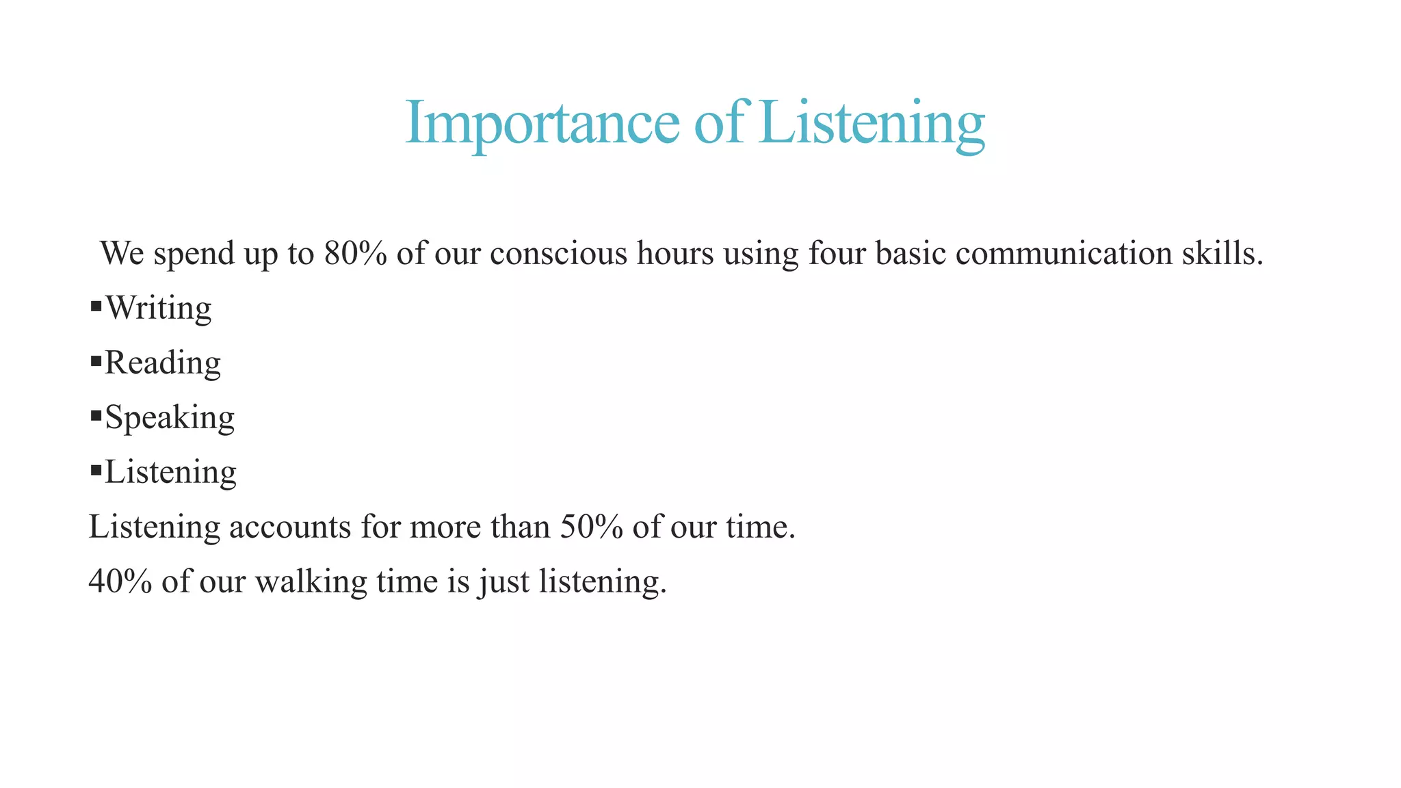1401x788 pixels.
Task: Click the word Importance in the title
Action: pyautogui.click(x=542, y=123)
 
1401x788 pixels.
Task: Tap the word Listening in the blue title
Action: pyautogui.click(x=872, y=123)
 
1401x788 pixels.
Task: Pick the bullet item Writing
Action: pyautogui.click(x=159, y=308)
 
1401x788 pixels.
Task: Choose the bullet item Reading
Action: pyautogui.click(x=163, y=363)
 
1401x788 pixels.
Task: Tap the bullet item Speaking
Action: pyautogui.click(x=170, y=417)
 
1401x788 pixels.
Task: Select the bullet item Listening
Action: pyautogui.click(x=170, y=472)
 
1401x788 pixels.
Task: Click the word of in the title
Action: pyautogui.click(x=718, y=123)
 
